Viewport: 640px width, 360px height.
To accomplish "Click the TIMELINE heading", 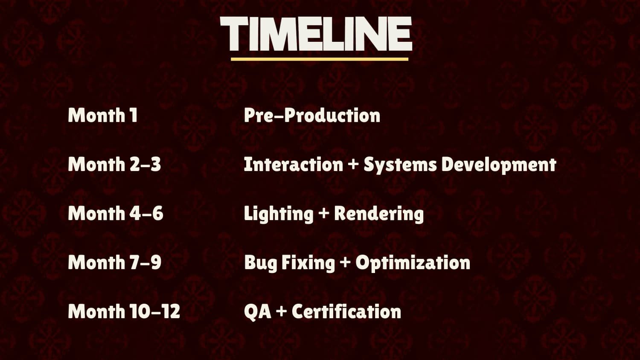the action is (x=316, y=34).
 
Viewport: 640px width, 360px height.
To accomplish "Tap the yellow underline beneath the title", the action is (x=320, y=59).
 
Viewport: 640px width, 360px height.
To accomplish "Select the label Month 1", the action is (x=103, y=116).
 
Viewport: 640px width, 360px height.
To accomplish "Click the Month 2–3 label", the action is (x=114, y=164).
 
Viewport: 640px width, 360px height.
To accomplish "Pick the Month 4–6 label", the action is (x=116, y=213).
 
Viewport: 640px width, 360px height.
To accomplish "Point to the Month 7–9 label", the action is (x=115, y=262).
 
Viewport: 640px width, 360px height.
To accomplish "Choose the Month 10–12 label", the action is (x=124, y=311).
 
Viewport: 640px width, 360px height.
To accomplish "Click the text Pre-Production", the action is (x=312, y=116).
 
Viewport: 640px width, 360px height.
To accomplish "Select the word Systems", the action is (x=400, y=165).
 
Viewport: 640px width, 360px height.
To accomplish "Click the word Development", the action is (x=499, y=165).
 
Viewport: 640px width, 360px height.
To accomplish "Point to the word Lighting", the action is (x=279, y=214).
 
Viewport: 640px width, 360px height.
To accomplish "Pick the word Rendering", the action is (x=379, y=214).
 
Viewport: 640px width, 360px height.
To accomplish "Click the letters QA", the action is (x=257, y=312).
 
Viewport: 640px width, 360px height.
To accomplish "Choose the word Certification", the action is (x=346, y=311).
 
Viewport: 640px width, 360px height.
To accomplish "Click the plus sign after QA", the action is (x=282, y=312).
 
